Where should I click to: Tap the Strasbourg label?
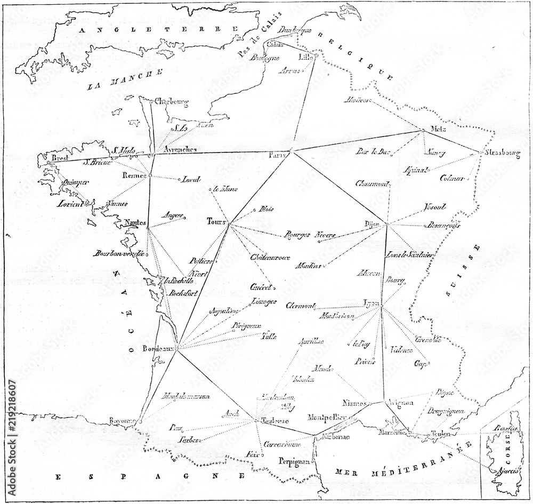click(x=502, y=153)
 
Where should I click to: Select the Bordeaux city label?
click(x=158, y=349)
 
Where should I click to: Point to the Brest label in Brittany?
click(x=54, y=158)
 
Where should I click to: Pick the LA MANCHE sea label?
click(x=124, y=79)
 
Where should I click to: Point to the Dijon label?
click(x=372, y=225)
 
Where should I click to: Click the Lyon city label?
click(x=371, y=303)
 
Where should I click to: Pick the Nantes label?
click(x=135, y=222)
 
